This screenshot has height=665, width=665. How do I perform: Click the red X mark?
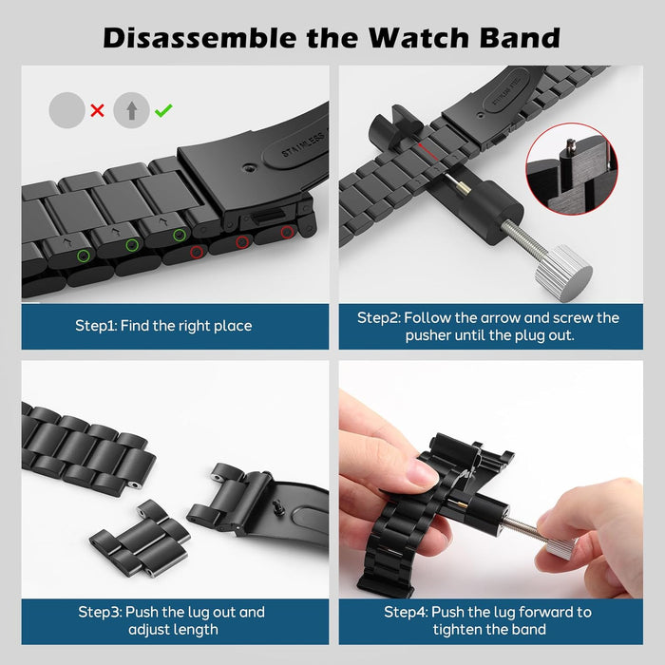98,110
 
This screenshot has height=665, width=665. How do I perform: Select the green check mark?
163,110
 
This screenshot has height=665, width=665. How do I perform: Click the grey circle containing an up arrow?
131,110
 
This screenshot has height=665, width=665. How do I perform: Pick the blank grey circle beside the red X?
67,110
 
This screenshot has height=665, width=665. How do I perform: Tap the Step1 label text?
163,326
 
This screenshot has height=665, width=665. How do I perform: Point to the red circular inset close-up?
572,169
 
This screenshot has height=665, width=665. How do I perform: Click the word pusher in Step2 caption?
427,335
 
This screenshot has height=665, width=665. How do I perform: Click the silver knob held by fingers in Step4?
560,548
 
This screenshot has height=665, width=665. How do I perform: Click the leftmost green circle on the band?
84,256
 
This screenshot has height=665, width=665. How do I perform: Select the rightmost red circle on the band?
287,232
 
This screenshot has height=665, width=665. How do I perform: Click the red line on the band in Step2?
427,152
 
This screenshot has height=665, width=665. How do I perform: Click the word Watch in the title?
420,38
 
